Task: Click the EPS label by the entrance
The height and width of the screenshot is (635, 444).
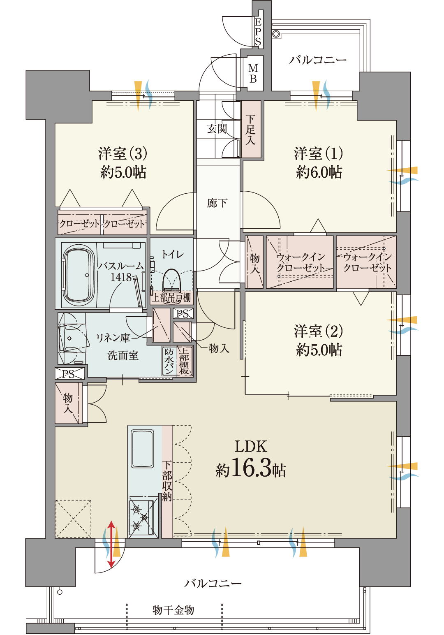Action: click(x=258, y=31)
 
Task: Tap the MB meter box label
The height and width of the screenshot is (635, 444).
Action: click(x=253, y=73)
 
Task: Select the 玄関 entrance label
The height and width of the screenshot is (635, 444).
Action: click(x=217, y=129)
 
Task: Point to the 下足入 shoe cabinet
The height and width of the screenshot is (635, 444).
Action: click(x=251, y=129)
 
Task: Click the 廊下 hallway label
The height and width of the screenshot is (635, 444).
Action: click(x=217, y=203)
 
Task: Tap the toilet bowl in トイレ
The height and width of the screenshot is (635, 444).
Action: click(x=172, y=280)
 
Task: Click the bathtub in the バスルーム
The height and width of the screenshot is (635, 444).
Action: click(x=78, y=274)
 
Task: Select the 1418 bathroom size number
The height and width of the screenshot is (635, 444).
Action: click(x=121, y=277)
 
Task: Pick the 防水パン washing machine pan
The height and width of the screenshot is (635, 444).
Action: click(x=169, y=361)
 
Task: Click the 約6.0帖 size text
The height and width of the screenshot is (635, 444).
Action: click(x=319, y=172)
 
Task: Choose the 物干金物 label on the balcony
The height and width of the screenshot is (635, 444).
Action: click(x=173, y=610)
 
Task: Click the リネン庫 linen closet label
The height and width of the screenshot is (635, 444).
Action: click(x=113, y=338)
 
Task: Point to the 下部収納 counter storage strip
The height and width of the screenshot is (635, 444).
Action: click(x=167, y=481)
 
